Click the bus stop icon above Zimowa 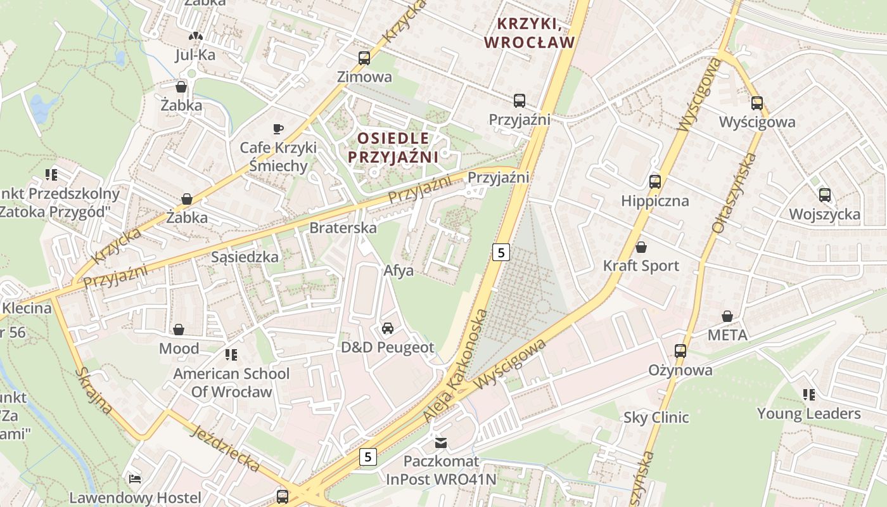(x=364, y=58)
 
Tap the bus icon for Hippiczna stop (x=654, y=182)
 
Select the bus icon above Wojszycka (x=824, y=195)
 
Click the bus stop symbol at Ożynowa (x=680, y=350)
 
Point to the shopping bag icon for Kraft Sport (x=641, y=247)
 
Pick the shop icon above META (x=727, y=316)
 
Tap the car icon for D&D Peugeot (x=387, y=328)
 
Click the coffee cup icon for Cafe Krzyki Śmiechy (x=278, y=129)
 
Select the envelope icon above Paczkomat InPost (x=441, y=442)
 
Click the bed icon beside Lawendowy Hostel (x=135, y=478)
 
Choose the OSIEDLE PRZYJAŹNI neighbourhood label (x=393, y=147)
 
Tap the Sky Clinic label (x=656, y=417)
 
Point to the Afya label (x=399, y=271)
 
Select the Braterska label (x=343, y=228)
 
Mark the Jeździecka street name (x=226, y=449)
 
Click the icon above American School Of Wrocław (x=231, y=354)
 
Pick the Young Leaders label (x=808, y=414)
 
